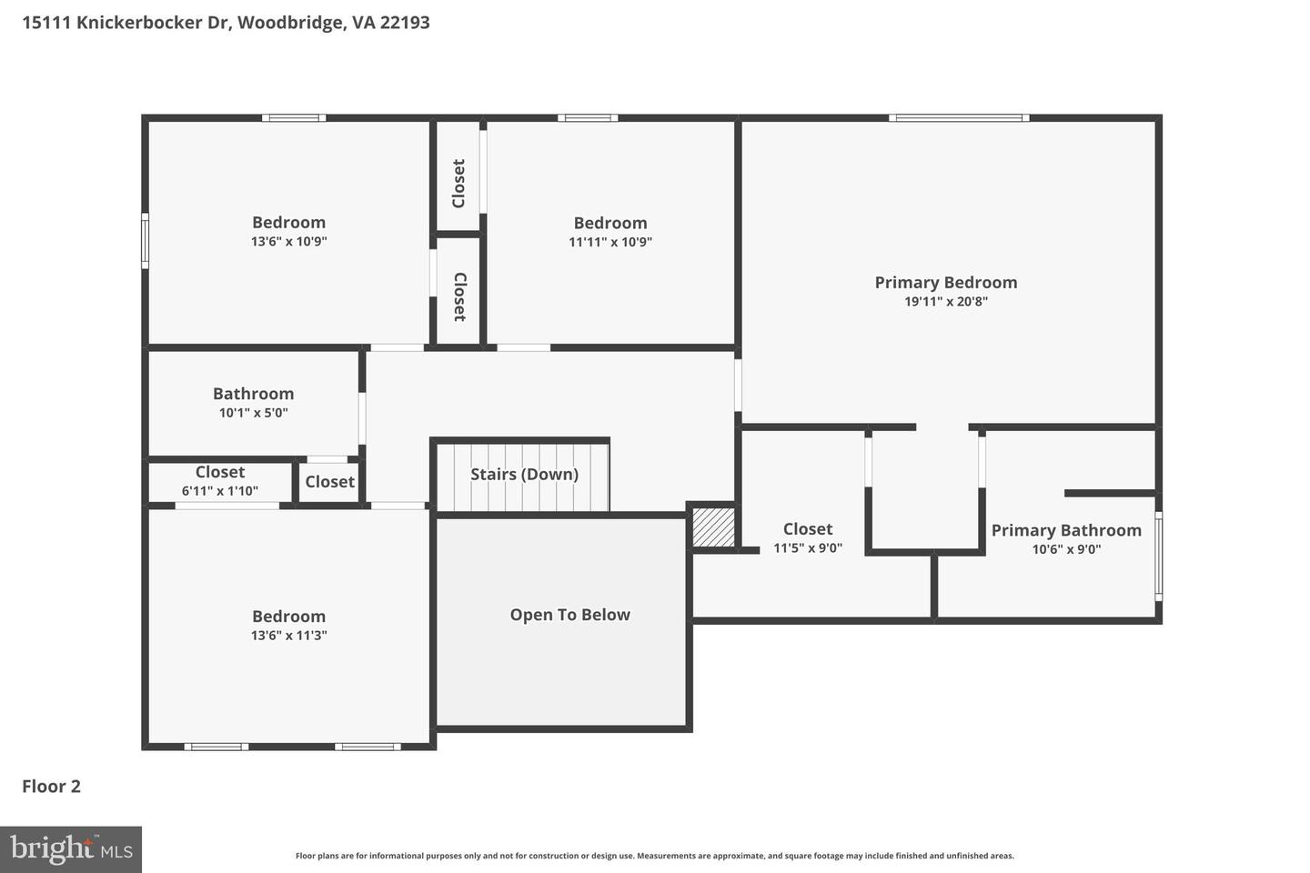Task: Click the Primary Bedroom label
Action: (x=945, y=282)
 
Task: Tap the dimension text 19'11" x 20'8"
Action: (x=945, y=302)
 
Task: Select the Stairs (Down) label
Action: (x=524, y=474)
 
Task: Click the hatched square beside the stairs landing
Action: (x=713, y=527)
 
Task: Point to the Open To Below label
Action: (x=569, y=615)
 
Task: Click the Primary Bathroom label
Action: (x=1065, y=530)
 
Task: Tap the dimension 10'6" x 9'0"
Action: (x=1065, y=549)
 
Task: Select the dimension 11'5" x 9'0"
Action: (x=807, y=548)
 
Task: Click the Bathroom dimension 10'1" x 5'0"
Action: (x=253, y=413)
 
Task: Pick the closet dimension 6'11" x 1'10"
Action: (x=219, y=491)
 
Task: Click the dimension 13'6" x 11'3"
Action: (x=288, y=636)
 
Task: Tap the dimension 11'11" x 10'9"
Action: (x=610, y=242)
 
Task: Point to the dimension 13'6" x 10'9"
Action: (x=288, y=242)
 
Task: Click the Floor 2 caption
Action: (x=51, y=787)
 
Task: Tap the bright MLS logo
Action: (x=71, y=849)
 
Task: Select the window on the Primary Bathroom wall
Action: (x=1158, y=557)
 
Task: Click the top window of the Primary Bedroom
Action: (x=959, y=117)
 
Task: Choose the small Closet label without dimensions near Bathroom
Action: (x=329, y=482)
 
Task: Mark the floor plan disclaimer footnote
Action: (x=654, y=856)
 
